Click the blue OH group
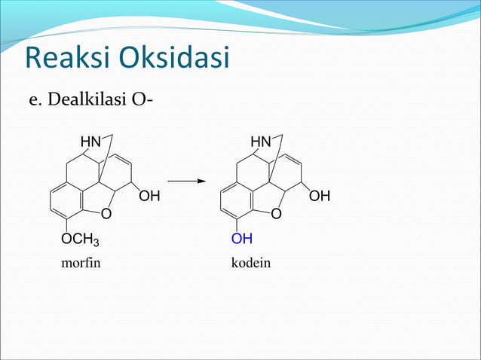click(x=242, y=239)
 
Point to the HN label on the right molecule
click(x=261, y=142)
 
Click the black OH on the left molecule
click(x=149, y=197)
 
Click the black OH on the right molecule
click(x=320, y=197)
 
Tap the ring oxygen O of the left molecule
click(x=106, y=215)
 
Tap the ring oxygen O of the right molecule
click(x=276, y=215)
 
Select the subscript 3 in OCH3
click(x=96, y=243)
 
